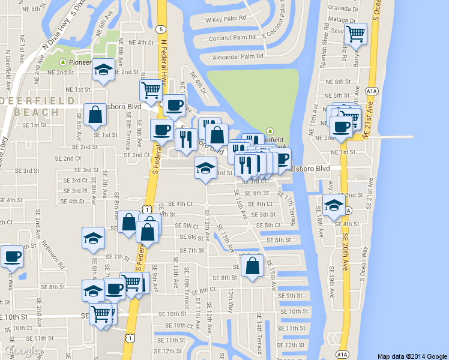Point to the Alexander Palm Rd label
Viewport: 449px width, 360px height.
tap(238, 57)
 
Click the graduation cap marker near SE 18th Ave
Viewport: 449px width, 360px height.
tap(333, 205)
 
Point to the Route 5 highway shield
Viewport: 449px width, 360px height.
tap(160, 29)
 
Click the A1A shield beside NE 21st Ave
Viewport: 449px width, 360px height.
tap(372, 91)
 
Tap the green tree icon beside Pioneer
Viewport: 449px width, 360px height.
tap(64, 62)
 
